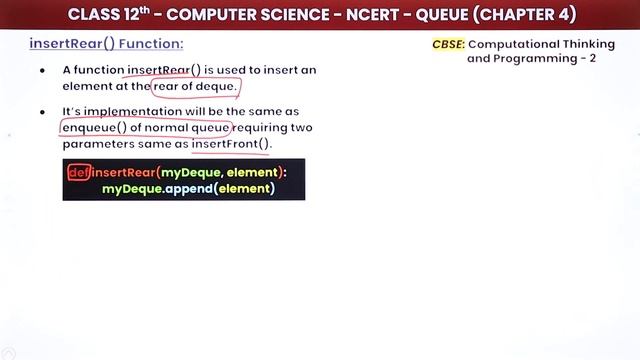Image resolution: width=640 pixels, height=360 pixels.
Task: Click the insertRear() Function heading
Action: (106, 45)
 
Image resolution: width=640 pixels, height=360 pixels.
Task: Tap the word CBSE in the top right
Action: (448, 45)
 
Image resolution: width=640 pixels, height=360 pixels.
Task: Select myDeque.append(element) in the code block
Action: (187, 188)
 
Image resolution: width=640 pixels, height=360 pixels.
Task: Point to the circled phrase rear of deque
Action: (196, 85)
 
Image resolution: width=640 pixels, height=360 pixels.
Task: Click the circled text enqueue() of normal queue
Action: (146, 128)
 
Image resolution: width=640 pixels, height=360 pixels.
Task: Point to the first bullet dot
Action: (42, 70)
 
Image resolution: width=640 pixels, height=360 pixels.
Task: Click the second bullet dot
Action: (42, 112)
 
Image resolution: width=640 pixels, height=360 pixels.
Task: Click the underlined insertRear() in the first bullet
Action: (164, 70)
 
